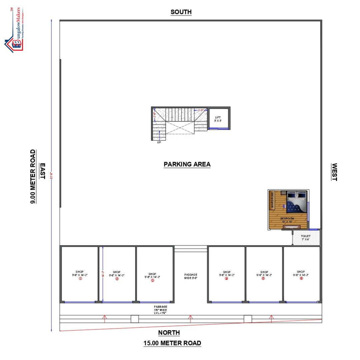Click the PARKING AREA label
point(187,164)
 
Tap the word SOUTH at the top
point(181,12)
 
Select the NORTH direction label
point(169,332)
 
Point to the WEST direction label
point(334,172)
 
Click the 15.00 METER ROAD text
point(172,343)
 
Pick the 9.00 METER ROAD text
point(33,177)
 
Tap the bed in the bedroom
point(297,202)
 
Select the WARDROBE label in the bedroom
point(272,200)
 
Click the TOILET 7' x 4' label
point(306,238)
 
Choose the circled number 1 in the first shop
point(80,279)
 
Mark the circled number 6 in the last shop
point(301,279)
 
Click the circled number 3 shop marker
point(153,280)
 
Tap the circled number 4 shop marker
point(226,279)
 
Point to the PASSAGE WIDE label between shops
point(191,276)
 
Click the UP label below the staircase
point(159,142)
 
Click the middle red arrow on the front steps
point(190,319)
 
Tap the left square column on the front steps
point(135,319)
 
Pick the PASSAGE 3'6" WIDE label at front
point(160,310)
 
